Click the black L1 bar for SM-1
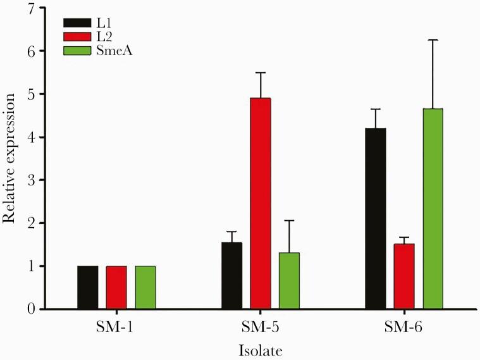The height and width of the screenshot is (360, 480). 88,287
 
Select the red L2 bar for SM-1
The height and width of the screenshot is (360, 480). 116,287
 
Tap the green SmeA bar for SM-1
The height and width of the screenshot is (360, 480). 145,287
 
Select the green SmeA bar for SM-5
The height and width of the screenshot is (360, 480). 289,281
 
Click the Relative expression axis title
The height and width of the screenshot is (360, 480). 9,158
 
